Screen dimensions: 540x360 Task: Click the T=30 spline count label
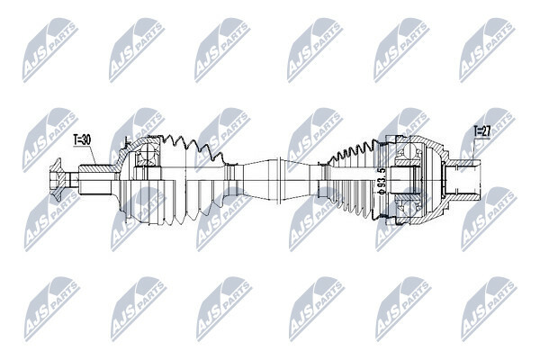pos(82,139)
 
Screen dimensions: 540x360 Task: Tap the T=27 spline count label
pos(481,131)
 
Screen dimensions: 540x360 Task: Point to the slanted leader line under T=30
pos(94,155)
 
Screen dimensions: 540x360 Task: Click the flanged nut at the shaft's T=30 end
pos(58,179)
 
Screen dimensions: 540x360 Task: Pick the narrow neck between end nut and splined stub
pos(74,179)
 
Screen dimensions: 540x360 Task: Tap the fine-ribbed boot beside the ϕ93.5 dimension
pos(355,180)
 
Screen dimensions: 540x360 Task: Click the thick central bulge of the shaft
pos(277,180)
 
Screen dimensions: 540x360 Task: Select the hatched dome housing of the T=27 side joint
pos(424,180)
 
